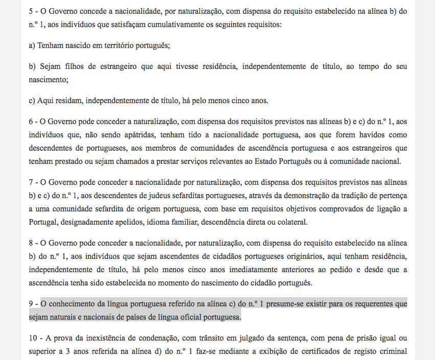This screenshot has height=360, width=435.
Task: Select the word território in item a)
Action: click(x=106, y=45)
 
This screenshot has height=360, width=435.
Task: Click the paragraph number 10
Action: click(x=33, y=338)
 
